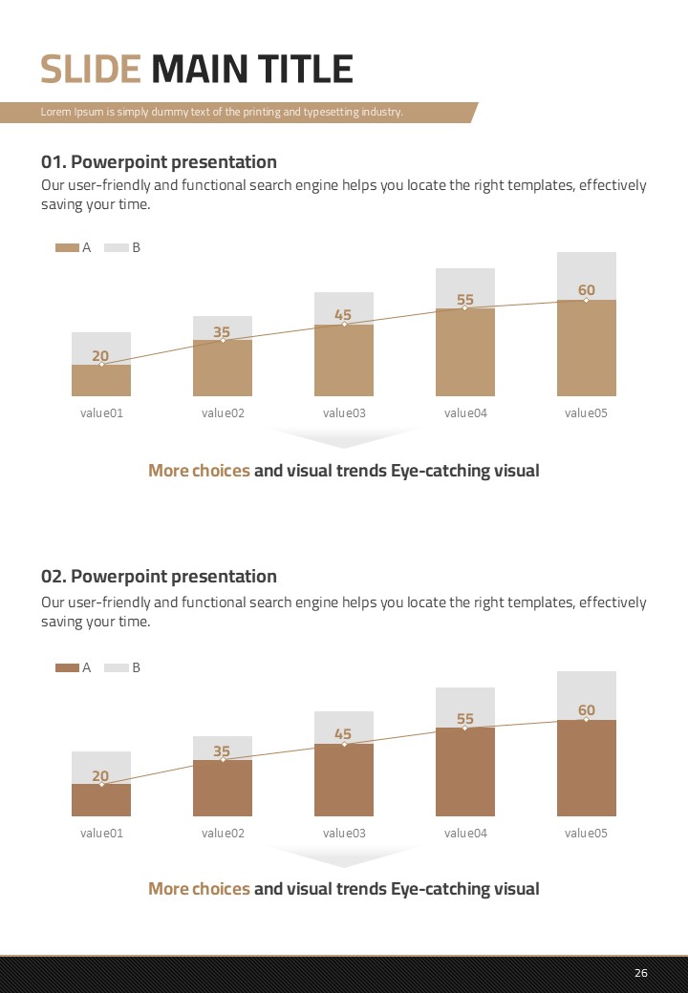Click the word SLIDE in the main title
91,70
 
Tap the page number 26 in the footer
640,973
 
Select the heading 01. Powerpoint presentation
159,162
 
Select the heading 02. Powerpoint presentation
159,577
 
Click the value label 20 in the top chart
100,356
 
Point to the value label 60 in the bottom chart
586,710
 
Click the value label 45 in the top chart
343,315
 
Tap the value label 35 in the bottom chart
222,751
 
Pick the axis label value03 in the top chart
344,413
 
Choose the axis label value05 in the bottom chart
586,834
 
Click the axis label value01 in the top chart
101,413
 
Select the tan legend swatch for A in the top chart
67,248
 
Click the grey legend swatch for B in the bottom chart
116,668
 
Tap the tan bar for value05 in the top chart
586,349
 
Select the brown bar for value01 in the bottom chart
101,800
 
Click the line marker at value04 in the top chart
465,308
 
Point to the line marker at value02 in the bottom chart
223,760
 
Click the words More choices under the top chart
199,471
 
